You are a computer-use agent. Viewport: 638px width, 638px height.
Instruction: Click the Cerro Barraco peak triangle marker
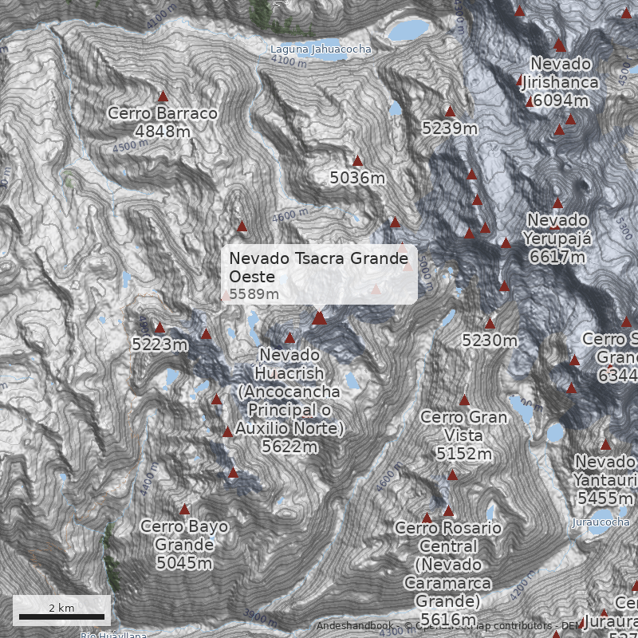click(163, 96)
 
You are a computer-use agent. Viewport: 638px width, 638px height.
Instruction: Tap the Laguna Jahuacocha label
click(320, 49)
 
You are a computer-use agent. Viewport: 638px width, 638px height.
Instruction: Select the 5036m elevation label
click(357, 178)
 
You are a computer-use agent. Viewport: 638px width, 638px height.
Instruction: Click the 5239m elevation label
click(450, 128)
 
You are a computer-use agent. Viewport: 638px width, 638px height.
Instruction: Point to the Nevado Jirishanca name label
click(561, 73)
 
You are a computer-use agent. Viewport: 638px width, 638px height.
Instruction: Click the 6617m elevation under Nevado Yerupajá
click(557, 257)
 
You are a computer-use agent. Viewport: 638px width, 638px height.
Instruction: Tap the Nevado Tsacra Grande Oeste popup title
click(318, 267)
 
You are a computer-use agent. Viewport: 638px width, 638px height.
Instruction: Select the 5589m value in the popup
click(254, 294)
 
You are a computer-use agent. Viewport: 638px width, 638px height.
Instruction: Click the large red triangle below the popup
click(320, 318)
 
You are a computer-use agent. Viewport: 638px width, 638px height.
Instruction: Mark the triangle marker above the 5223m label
click(159, 328)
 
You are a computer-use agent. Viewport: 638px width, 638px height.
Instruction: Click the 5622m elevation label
click(289, 447)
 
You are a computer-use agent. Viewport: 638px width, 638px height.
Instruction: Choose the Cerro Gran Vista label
click(463, 426)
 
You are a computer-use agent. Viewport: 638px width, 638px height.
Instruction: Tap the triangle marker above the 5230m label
click(490, 324)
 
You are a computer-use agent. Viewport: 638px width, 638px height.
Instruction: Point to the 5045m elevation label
click(184, 563)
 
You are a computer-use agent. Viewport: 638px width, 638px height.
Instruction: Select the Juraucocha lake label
click(601, 522)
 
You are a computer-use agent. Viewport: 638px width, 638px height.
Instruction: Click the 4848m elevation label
click(163, 131)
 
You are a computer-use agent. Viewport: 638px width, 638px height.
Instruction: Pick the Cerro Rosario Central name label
click(447, 538)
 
